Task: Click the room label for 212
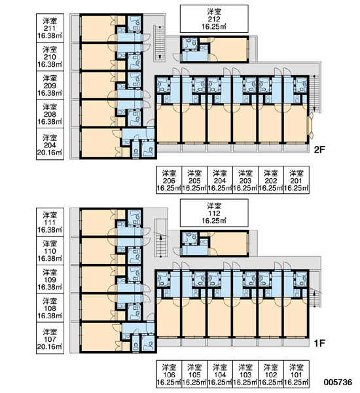(214, 19)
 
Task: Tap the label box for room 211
(50, 28)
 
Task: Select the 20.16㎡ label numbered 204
(50, 144)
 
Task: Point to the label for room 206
(169, 180)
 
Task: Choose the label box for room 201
(297, 180)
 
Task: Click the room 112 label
(214, 213)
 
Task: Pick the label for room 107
(50, 339)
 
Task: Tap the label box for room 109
(50, 280)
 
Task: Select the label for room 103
(245, 374)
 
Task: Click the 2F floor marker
(319, 149)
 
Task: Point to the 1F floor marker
(319, 343)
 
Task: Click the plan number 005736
(338, 382)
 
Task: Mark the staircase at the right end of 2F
(315, 94)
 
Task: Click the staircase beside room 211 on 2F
(159, 43)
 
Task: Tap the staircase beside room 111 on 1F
(160, 238)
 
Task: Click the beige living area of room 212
(228, 50)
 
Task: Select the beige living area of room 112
(228, 244)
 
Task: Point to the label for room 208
(50, 114)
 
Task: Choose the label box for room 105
(194, 374)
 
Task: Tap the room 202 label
(271, 180)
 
